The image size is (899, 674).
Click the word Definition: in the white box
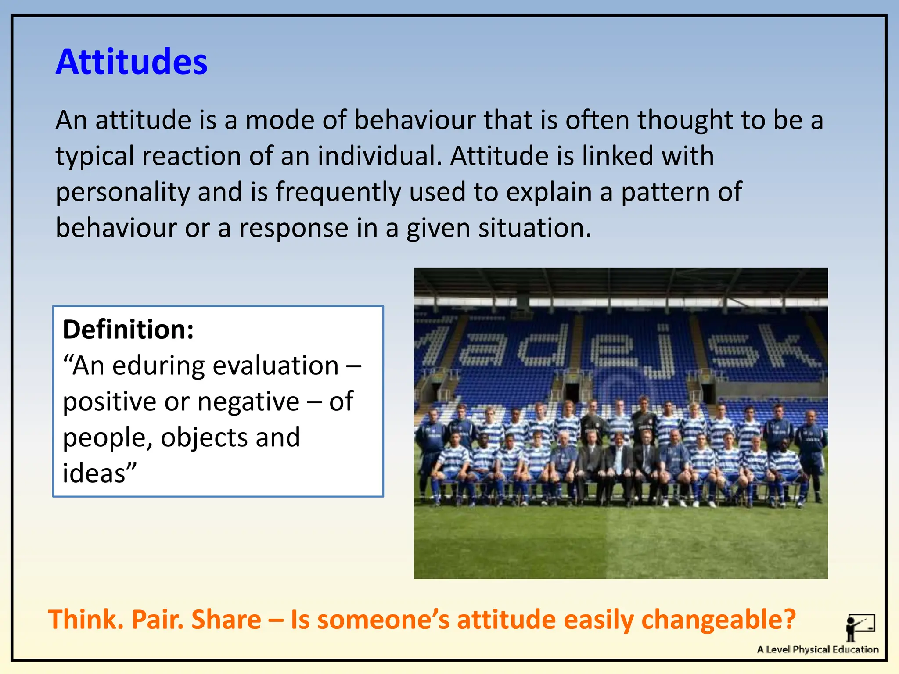(x=128, y=330)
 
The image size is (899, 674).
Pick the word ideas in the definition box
(x=94, y=474)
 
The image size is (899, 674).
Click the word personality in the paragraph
(x=122, y=193)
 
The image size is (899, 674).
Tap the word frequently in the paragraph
(x=338, y=193)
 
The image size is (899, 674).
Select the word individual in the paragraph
(x=380, y=156)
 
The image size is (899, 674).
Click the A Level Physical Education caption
(x=817, y=650)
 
